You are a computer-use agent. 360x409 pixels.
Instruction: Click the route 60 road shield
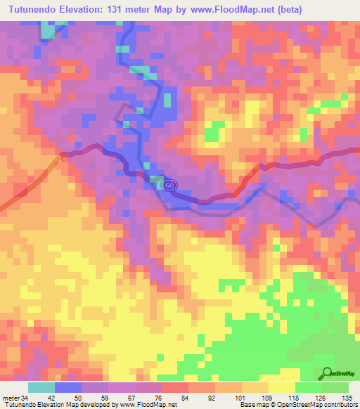point(169,185)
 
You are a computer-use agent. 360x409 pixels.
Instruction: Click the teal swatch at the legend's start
point(41,388)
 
